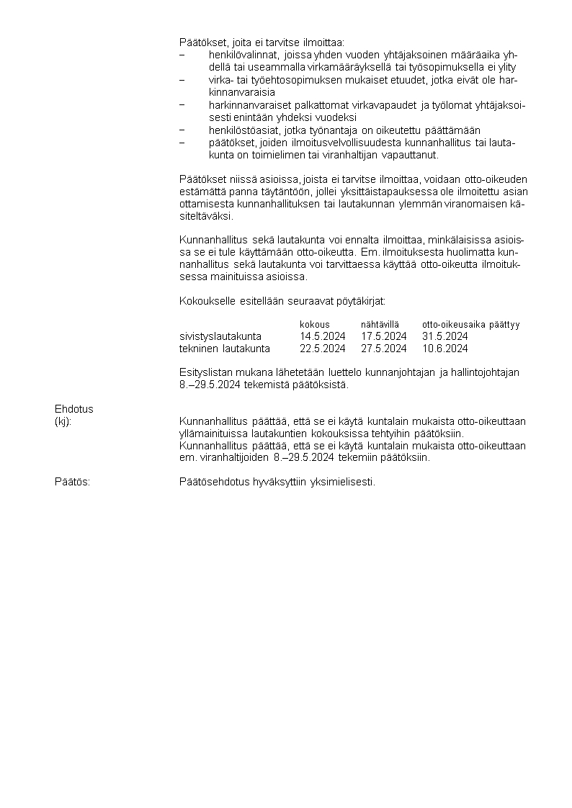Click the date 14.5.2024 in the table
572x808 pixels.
click(322, 336)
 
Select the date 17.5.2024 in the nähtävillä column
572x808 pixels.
click(383, 336)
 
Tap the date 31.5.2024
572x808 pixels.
click(444, 336)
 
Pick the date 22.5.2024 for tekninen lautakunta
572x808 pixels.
click(322, 349)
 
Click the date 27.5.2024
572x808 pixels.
click(383, 349)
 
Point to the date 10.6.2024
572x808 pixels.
click(444, 349)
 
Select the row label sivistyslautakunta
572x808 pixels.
click(220, 336)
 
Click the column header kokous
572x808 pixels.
click(314, 325)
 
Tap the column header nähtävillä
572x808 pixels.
click(380, 325)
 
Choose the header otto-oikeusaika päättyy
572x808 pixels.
click(470, 325)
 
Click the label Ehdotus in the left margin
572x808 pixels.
click(73, 409)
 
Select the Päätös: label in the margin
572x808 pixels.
click(72, 482)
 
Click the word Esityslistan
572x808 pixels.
click(205, 372)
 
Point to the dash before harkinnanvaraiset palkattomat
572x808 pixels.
click(182, 105)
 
